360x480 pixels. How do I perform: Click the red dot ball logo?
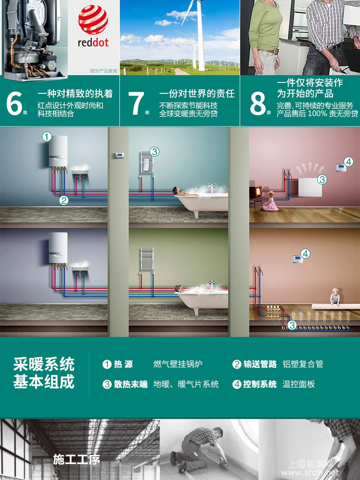(x=93, y=19)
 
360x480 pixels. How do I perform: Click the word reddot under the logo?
(x=93, y=42)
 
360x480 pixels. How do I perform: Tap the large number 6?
(x=15, y=103)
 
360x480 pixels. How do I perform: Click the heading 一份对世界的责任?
(x=197, y=93)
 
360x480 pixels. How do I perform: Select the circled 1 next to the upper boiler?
(x=46, y=137)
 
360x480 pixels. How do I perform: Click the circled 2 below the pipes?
(x=63, y=200)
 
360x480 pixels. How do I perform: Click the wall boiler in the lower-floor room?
(x=58, y=247)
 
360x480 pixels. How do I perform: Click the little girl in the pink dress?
(x=270, y=201)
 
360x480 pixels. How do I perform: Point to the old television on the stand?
(x=256, y=192)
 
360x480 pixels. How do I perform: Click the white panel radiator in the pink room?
(x=310, y=187)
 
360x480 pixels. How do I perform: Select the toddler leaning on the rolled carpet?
(x=335, y=296)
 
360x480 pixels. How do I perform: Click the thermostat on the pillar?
(x=119, y=155)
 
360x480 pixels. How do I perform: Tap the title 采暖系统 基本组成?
(x=44, y=373)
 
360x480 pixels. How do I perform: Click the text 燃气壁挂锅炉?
(x=178, y=364)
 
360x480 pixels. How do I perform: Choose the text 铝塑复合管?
(x=303, y=364)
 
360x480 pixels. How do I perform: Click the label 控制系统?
(x=260, y=384)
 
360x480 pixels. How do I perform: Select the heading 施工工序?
(x=77, y=460)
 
